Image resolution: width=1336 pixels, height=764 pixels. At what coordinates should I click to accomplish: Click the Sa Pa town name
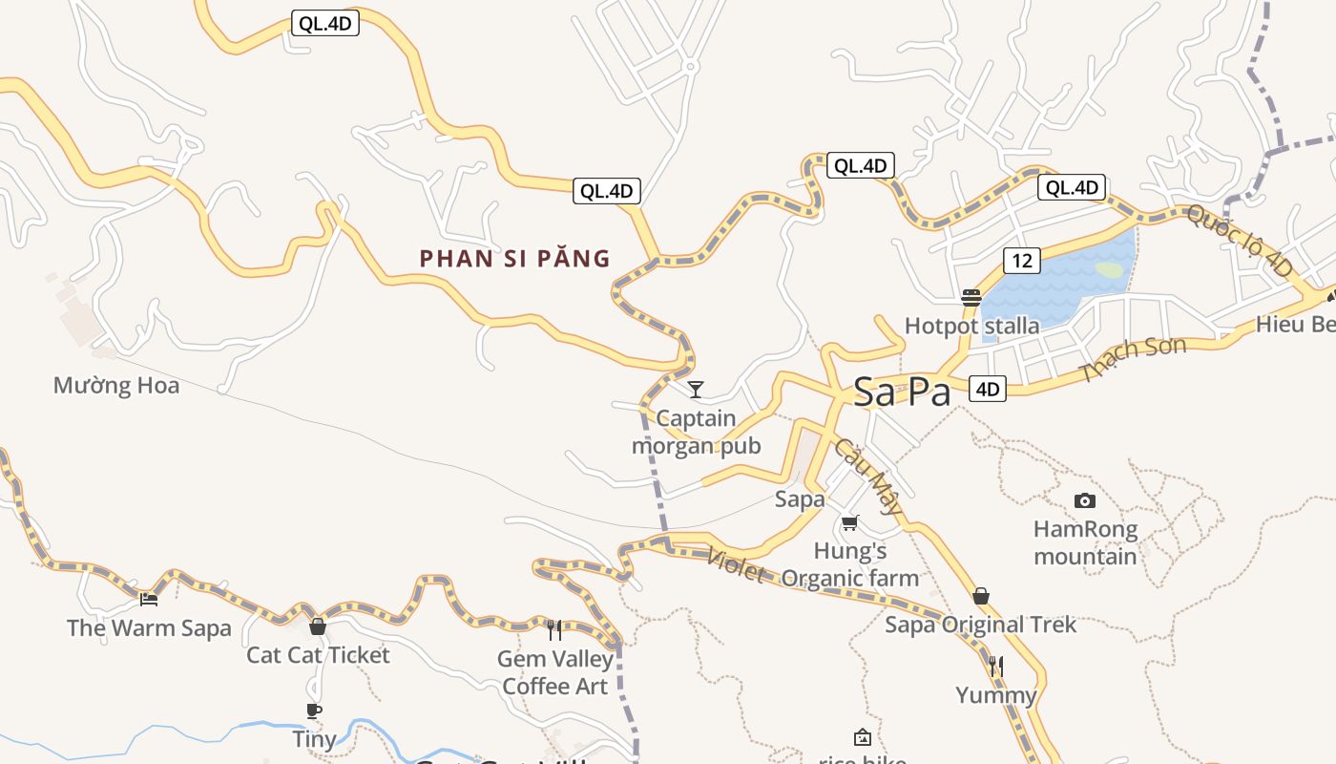click(902, 392)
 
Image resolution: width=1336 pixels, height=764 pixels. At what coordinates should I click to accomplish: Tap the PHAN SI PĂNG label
click(515, 258)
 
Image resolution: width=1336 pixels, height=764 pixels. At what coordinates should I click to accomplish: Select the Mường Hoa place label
click(116, 386)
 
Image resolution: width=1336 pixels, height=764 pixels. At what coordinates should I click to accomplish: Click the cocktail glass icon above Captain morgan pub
click(696, 389)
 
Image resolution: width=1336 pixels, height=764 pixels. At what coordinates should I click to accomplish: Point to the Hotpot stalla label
click(971, 326)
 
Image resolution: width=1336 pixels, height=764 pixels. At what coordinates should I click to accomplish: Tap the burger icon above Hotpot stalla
click(971, 297)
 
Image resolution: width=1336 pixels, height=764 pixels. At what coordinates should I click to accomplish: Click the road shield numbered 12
click(1020, 260)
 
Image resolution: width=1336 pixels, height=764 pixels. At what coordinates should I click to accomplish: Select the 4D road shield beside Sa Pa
click(988, 389)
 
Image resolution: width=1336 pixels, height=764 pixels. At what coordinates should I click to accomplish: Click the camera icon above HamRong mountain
click(1084, 500)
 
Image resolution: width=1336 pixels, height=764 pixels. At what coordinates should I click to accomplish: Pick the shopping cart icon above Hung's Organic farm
click(850, 522)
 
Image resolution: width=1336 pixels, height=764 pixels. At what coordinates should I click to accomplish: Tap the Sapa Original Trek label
click(980, 626)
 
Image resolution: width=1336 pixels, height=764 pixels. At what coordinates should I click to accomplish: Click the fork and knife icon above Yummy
click(996, 666)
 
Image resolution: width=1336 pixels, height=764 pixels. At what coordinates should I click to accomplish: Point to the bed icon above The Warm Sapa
click(149, 599)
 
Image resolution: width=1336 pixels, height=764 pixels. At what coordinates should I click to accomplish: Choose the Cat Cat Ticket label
click(318, 655)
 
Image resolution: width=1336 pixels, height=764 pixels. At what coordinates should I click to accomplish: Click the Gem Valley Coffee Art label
click(555, 672)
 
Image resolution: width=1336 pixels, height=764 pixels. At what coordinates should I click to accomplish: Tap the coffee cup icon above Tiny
click(314, 711)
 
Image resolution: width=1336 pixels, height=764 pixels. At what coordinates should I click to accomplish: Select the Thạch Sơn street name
click(1133, 360)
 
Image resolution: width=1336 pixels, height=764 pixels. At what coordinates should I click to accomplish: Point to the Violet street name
click(736, 564)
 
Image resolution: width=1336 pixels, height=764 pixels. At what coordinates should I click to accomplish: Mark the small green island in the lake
click(1109, 270)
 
